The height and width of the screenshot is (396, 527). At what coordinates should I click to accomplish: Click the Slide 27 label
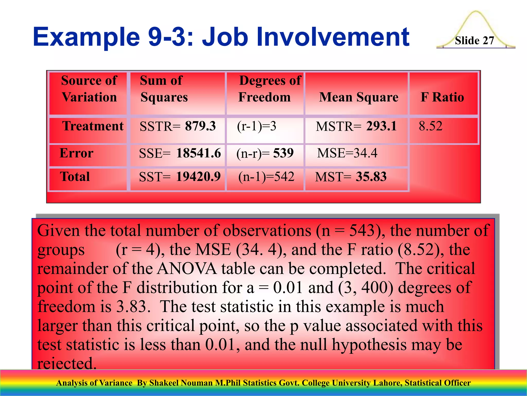[x=474, y=41]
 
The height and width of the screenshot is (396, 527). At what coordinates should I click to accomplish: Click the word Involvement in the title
[x=332, y=37]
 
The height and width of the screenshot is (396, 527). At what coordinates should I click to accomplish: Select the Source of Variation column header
[x=89, y=89]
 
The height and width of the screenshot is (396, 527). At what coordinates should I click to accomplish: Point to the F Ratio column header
[x=442, y=97]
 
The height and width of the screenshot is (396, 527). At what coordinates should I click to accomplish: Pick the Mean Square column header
[x=358, y=97]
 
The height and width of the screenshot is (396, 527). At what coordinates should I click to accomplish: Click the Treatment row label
[x=93, y=126]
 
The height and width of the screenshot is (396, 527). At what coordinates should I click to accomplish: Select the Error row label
[x=76, y=153]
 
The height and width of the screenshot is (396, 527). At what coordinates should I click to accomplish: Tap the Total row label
[x=75, y=177]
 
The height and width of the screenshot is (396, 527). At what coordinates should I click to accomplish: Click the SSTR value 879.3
[x=200, y=126]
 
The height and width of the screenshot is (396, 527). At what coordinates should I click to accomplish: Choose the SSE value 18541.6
[x=198, y=153]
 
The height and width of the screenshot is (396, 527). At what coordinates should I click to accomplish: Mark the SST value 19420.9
[x=198, y=177]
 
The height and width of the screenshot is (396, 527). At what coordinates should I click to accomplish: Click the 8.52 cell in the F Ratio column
[x=430, y=126]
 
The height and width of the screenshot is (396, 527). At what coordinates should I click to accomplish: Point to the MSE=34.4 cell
[x=347, y=153]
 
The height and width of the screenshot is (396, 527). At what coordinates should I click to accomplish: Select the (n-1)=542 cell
[x=266, y=177]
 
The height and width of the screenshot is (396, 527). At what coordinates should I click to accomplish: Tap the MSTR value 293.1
[x=381, y=126]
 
